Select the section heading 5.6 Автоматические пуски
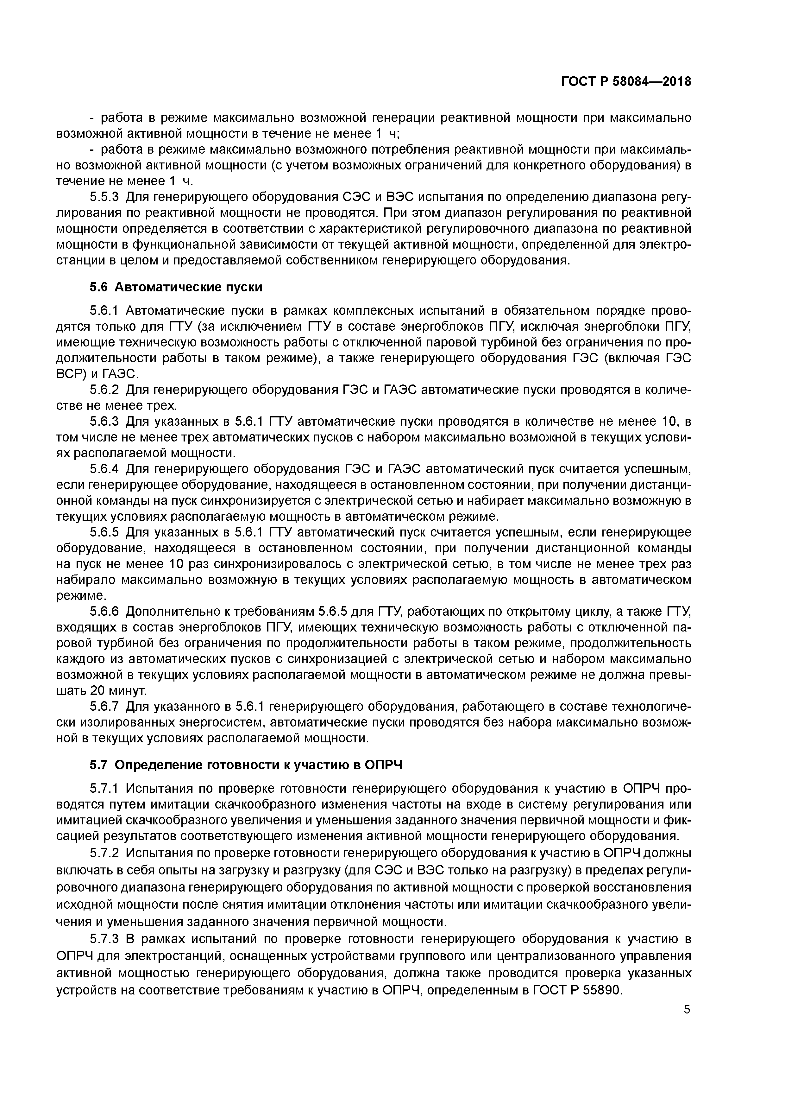click(176, 287)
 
